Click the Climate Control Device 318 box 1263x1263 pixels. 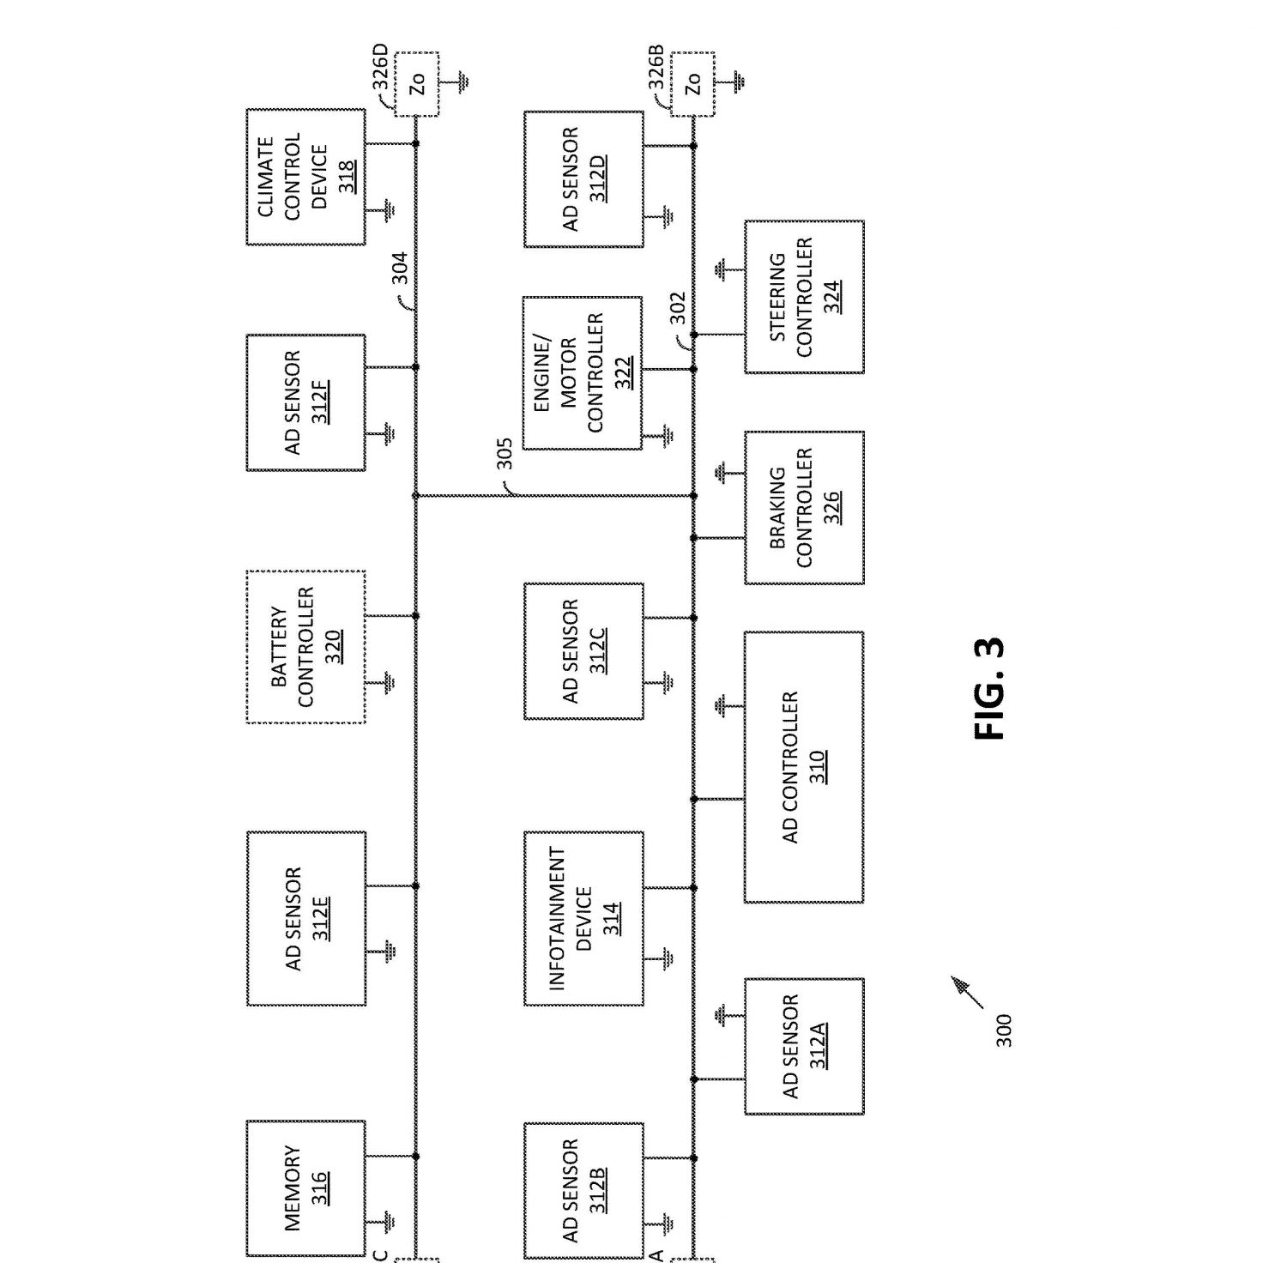[x=305, y=177]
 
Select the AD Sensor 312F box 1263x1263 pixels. [x=305, y=402]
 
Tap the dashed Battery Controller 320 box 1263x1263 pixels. [x=305, y=647]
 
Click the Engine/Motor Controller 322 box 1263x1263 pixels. [x=582, y=373]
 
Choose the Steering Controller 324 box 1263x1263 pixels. [x=804, y=297]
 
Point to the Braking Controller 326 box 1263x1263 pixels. [x=804, y=507]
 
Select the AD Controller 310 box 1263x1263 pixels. [x=804, y=767]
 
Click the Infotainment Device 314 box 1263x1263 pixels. [x=583, y=918]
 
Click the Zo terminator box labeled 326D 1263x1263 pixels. [x=417, y=85]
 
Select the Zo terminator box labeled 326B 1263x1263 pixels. [x=692, y=85]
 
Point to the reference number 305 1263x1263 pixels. [x=504, y=454]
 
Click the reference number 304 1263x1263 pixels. [x=400, y=268]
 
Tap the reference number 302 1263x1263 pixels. [x=677, y=308]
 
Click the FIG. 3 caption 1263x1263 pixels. [x=988, y=689]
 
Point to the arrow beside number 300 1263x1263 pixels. [x=967, y=993]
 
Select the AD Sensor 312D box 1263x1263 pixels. [x=583, y=179]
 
